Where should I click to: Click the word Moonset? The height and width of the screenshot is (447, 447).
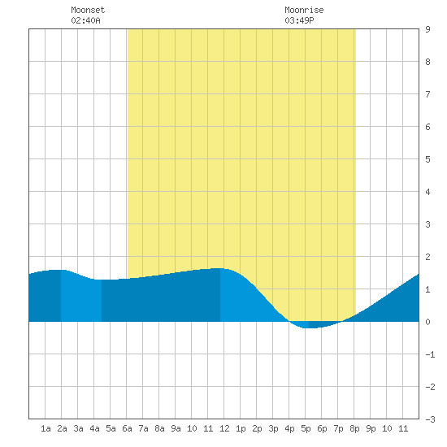(x=88, y=10)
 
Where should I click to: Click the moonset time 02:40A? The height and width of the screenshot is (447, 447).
(x=85, y=20)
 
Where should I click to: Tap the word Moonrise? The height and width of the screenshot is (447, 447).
(x=304, y=10)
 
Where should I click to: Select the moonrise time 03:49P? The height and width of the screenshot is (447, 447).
(x=299, y=20)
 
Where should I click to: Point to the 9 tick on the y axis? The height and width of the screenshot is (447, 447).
(x=427, y=29)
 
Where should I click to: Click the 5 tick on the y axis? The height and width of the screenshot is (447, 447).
(x=427, y=159)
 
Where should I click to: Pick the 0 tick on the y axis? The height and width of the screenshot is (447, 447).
(x=427, y=322)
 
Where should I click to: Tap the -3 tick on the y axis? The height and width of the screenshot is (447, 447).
(x=430, y=419)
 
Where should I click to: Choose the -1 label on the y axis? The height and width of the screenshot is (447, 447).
(x=430, y=354)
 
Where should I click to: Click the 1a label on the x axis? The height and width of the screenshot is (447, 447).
(x=46, y=428)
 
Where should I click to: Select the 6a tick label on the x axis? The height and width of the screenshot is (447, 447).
(x=127, y=428)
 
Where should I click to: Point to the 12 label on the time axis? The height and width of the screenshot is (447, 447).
(x=224, y=428)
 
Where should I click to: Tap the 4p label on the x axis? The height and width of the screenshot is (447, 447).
(x=289, y=428)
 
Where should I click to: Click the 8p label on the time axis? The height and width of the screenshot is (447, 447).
(x=354, y=428)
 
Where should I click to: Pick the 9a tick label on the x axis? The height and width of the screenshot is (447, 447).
(x=176, y=428)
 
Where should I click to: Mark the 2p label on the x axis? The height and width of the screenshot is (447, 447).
(x=257, y=428)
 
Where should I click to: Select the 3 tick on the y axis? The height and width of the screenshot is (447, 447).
(x=427, y=224)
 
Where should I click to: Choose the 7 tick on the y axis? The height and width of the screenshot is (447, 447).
(x=427, y=94)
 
